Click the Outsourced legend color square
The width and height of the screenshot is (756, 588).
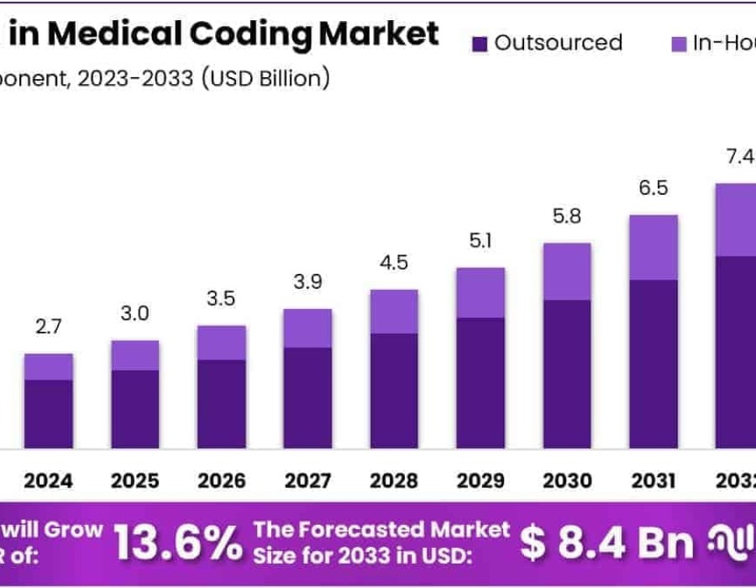pyautogui.click(x=480, y=43)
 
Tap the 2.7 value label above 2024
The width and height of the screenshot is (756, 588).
pyautogui.click(x=49, y=327)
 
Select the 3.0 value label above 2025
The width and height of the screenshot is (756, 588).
pyautogui.click(x=134, y=313)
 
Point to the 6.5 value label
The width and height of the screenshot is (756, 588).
pyautogui.click(x=653, y=188)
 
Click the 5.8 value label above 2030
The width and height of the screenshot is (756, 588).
pyautogui.click(x=566, y=216)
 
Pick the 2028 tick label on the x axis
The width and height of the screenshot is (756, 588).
pyautogui.click(x=394, y=480)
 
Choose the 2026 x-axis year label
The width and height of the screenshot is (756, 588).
pyautogui.click(x=222, y=480)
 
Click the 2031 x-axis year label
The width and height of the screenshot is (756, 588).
pyautogui.click(x=653, y=480)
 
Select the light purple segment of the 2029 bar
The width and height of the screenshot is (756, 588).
pyautogui.click(x=480, y=292)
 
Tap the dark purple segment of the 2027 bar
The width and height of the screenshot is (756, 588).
pyautogui.click(x=307, y=396)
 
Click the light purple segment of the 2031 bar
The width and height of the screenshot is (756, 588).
pyautogui.click(x=653, y=247)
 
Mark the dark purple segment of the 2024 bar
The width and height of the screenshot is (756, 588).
pyautogui.click(x=49, y=413)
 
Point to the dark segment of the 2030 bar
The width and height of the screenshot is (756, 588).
pyautogui.click(x=566, y=374)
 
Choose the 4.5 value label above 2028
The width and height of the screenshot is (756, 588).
pyautogui.click(x=394, y=262)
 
